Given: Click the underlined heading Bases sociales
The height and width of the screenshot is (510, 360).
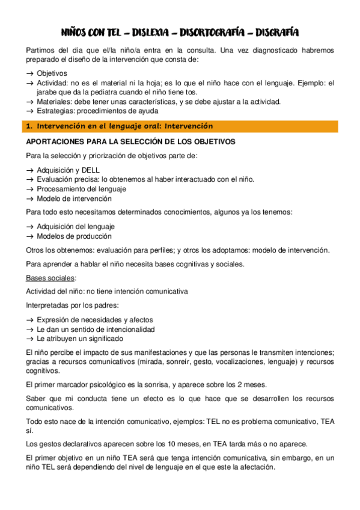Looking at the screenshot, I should [x=50, y=278].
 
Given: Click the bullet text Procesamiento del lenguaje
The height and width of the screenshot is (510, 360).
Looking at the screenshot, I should [x=82, y=189].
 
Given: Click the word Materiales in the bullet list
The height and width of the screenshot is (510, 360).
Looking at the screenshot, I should [x=54, y=102].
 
